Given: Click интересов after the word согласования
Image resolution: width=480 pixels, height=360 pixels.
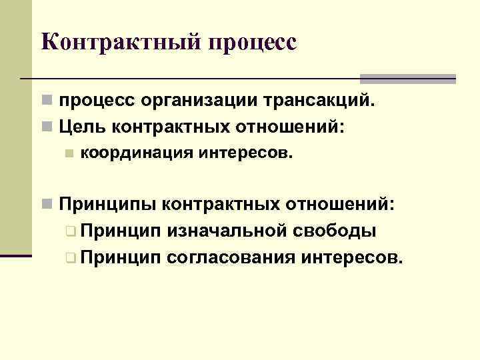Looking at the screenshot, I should [x=352, y=257].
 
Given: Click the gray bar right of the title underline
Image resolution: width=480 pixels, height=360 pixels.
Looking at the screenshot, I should [x=408, y=78].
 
